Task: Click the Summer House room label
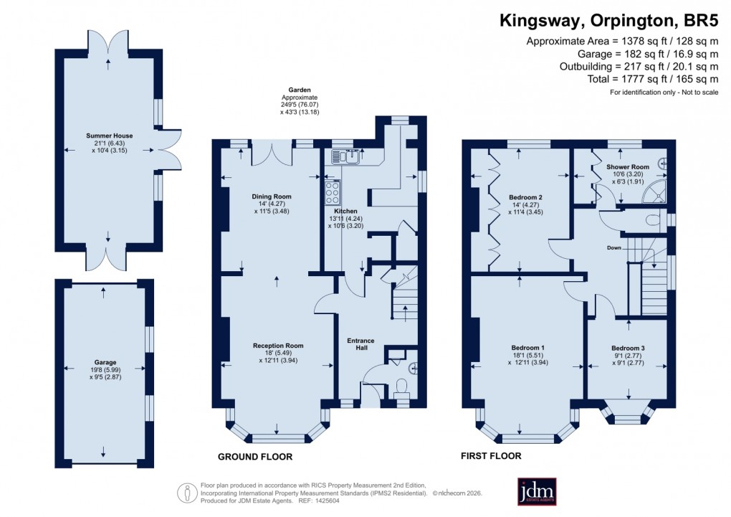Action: (x=109, y=136)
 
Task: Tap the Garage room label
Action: (x=105, y=362)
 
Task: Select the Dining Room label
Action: (x=272, y=196)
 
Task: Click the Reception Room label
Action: (x=278, y=346)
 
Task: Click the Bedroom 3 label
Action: (x=628, y=348)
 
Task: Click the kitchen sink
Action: (x=339, y=156)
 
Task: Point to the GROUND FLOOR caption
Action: (x=255, y=457)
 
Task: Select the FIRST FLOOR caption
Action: (x=492, y=455)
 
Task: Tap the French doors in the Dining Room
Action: (x=273, y=151)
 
